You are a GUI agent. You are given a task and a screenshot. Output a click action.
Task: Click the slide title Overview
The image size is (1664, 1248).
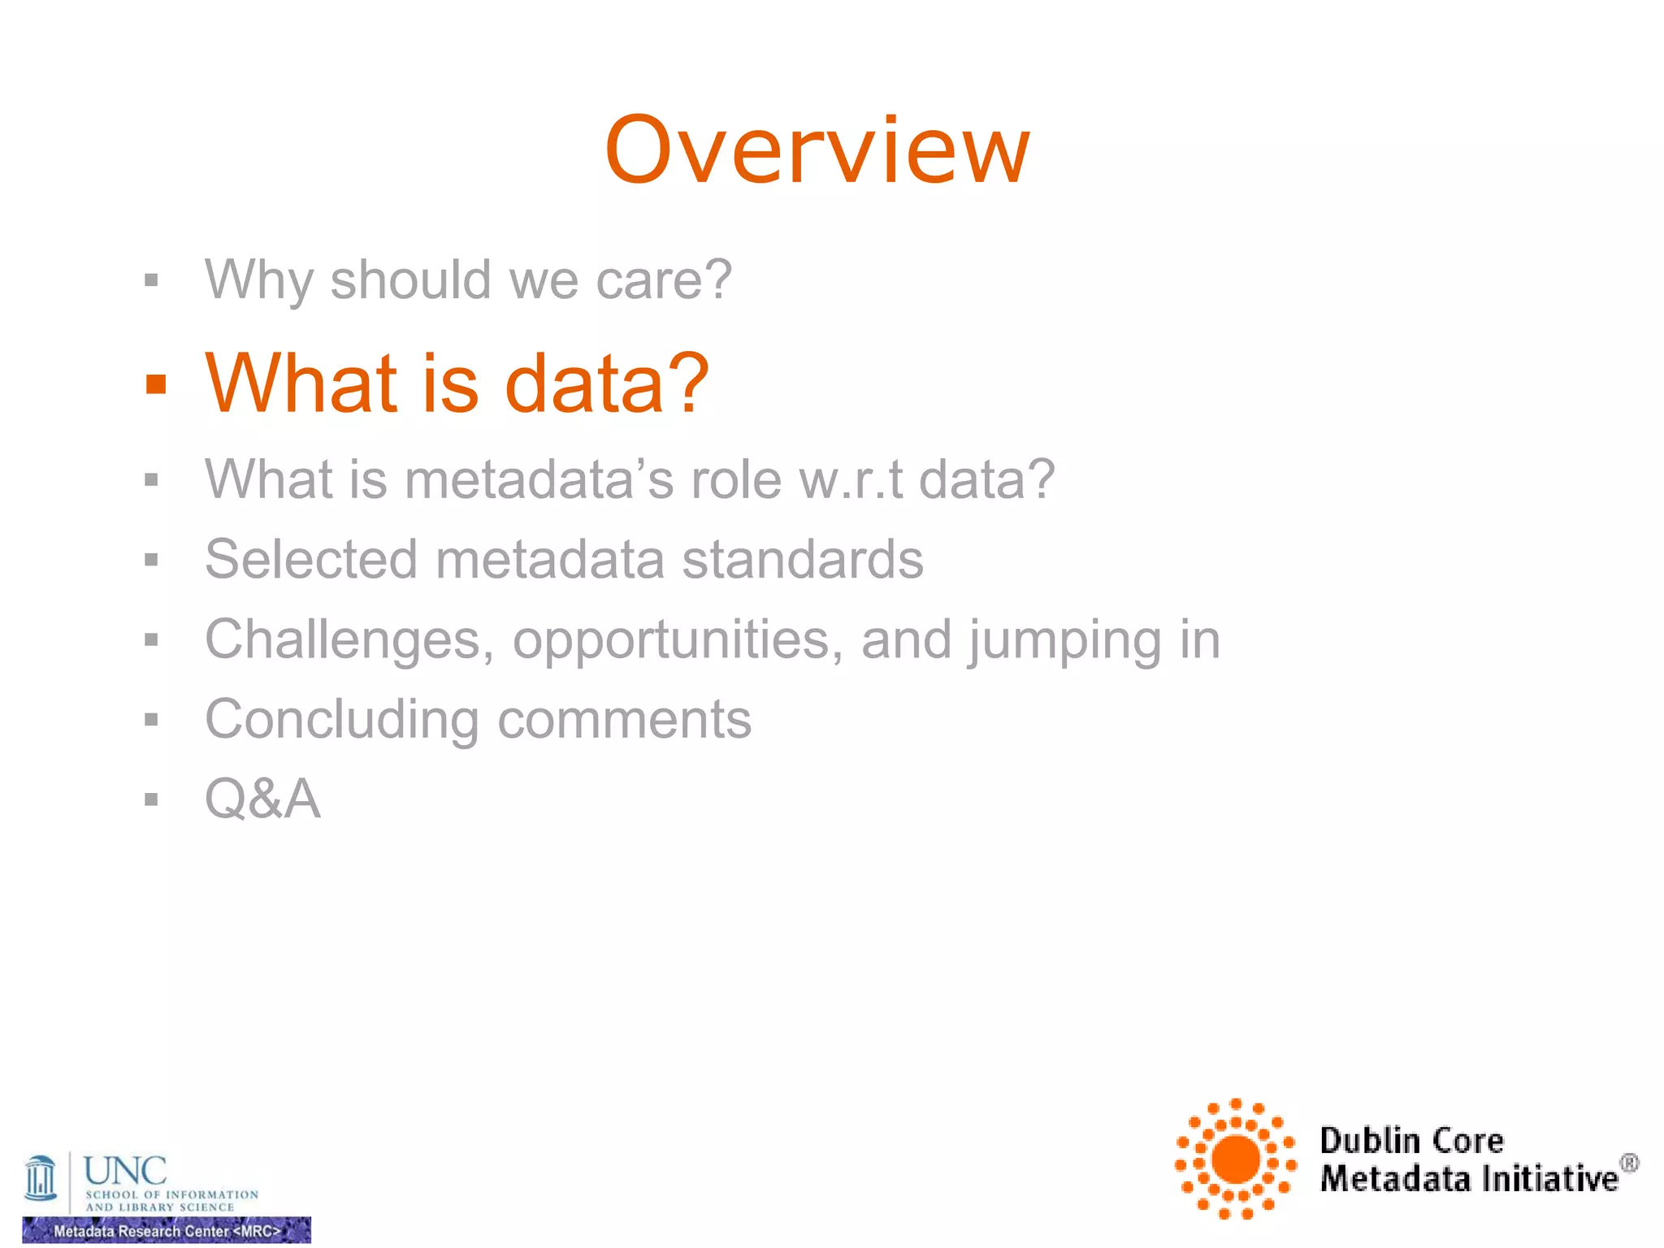click(x=817, y=151)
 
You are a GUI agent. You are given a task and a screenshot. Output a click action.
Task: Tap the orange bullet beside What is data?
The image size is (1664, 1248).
click(x=155, y=384)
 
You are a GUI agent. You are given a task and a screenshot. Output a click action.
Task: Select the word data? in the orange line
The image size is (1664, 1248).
click(x=606, y=383)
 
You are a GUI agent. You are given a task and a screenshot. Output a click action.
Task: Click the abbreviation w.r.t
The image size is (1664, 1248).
click(x=851, y=479)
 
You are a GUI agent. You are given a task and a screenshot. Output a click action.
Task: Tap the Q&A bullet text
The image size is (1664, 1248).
click(x=262, y=799)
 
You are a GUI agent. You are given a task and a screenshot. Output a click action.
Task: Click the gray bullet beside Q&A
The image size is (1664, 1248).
click(x=151, y=799)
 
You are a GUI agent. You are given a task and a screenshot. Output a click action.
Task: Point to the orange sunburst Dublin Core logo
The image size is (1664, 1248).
click(x=1236, y=1159)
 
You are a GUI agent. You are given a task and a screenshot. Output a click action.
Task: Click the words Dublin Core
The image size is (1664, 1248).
click(x=1411, y=1141)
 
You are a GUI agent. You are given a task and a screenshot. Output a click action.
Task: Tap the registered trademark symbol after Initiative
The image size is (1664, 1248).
click(x=1629, y=1163)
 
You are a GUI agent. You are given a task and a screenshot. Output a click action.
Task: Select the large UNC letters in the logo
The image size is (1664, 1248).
click(x=125, y=1171)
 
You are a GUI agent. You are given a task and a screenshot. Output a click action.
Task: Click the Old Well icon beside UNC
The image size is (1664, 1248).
click(x=41, y=1178)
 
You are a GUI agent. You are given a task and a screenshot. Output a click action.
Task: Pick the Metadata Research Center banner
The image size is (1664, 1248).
click(x=167, y=1230)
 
